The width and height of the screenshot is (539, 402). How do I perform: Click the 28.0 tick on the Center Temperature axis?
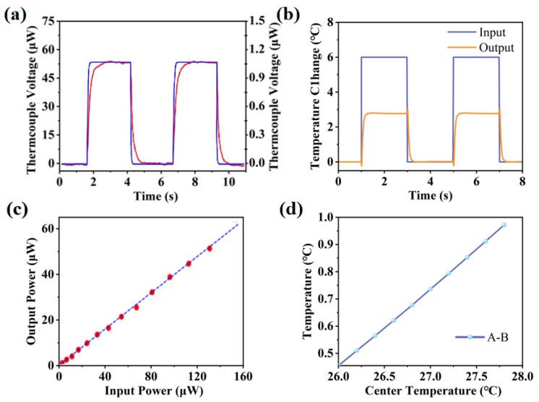[523, 377]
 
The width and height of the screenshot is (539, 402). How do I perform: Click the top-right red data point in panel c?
[210, 248]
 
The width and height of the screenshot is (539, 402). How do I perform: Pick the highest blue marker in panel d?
[504, 225]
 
